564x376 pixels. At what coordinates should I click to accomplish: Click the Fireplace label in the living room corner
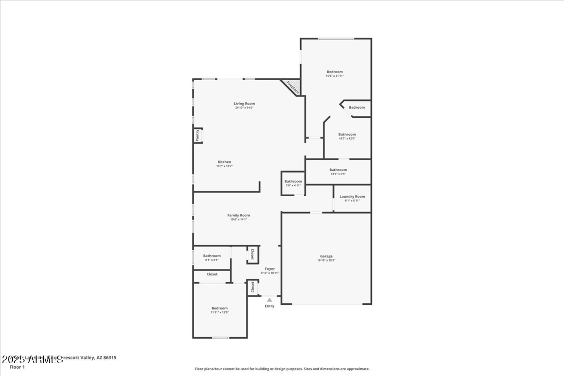coord(292,87)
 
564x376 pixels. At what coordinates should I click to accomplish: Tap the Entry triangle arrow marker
coord(270,300)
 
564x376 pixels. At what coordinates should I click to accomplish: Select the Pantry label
coord(197,135)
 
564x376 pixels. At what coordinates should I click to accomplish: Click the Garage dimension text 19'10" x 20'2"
coord(326,260)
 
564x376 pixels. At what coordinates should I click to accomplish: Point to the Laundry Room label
coord(352,196)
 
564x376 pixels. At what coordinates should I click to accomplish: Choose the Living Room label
coord(244,104)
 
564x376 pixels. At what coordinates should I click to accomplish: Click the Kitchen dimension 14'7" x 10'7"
coord(224,166)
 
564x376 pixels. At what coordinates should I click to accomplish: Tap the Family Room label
coord(239,215)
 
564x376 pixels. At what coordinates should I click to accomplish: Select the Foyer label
coord(270,269)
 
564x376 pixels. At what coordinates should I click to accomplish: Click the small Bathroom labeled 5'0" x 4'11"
coord(293,181)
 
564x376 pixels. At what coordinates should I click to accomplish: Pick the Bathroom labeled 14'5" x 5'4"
coord(338,170)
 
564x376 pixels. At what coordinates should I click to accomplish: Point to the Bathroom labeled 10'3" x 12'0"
coord(347,135)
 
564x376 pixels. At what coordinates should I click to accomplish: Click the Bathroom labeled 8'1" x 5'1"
coord(212,256)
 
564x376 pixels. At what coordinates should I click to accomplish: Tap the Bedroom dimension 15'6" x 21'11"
coord(335,76)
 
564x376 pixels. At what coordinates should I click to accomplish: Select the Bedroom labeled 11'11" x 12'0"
coord(220,308)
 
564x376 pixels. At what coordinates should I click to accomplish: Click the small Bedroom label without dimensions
coord(357,107)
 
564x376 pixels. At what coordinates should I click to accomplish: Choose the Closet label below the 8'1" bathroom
coord(212,274)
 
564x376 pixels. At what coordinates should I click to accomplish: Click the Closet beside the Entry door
coord(253,287)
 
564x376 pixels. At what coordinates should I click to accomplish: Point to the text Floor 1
coord(17,367)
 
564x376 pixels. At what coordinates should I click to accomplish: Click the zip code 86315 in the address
coord(110,358)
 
